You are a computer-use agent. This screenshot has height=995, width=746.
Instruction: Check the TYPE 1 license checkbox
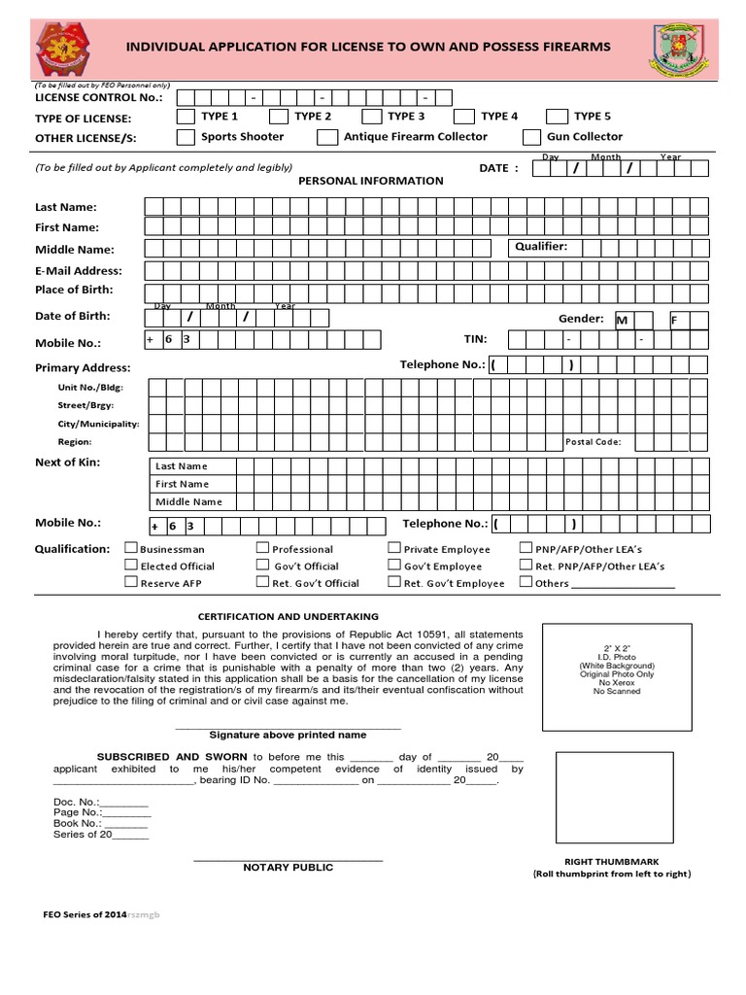[185, 117]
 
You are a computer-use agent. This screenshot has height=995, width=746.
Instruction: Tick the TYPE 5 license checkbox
[559, 117]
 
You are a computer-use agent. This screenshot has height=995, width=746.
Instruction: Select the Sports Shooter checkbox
[185, 138]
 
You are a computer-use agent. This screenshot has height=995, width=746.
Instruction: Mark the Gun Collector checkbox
[531, 138]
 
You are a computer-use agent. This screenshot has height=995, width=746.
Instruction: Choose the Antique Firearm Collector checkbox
[327, 138]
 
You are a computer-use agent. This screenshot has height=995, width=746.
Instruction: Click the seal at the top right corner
[681, 48]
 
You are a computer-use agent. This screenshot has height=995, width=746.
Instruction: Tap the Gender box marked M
[621, 320]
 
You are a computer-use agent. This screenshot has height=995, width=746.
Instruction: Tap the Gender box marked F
[679, 320]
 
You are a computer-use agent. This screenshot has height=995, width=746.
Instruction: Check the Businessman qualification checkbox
[131, 549]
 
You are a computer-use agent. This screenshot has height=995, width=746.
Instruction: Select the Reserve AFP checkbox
[131, 582]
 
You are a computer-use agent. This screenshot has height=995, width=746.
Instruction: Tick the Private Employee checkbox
[394, 549]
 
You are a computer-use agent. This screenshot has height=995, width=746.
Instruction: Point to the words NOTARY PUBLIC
[288, 868]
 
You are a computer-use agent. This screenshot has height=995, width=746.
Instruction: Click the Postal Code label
[593, 442]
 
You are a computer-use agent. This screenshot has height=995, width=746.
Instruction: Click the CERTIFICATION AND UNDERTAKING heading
[288, 617]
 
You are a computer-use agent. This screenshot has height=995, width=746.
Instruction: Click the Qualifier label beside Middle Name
[542, 247]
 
